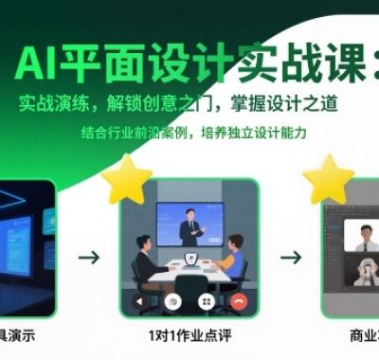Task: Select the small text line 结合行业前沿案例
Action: (194, 133)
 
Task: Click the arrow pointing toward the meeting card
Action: (88, 256)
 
